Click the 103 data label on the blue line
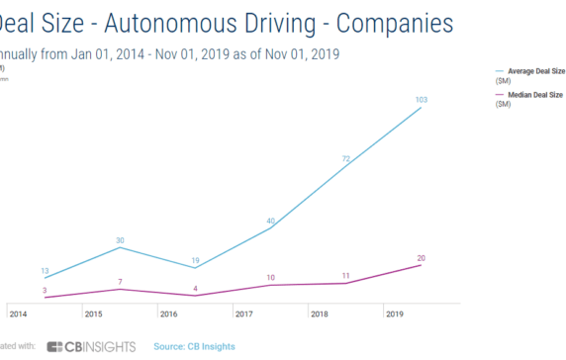click(x=420, y=99)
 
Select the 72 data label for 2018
click(x=346, y=158)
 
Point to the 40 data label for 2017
click(x=270, y=221)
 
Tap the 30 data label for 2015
click(x=119, y=240)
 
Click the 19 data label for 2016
click(x=195, y=258)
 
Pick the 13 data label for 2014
click(x=44, y=271)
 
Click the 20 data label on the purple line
click(x=421, y=258)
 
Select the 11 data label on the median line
click(x=346, y=275)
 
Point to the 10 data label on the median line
click(x=270, y=277)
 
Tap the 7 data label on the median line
click(x=120, y=282)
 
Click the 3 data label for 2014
click(x=44, y=290)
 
